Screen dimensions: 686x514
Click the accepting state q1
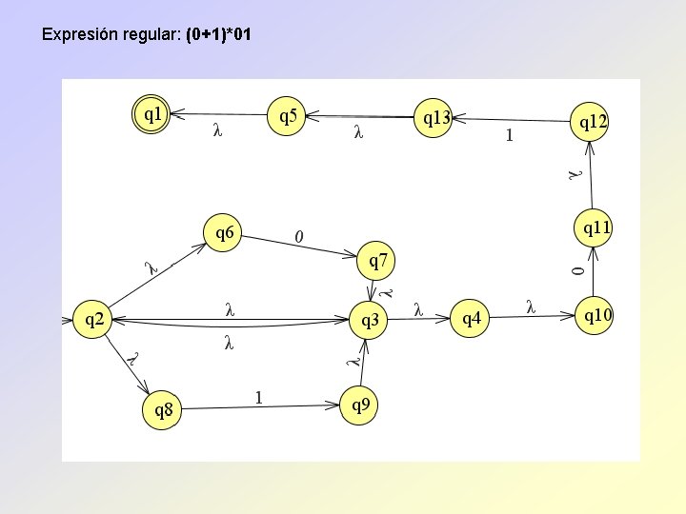tap(151, 115)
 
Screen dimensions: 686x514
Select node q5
tap(287, 116)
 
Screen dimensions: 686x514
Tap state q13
tap(436, 118)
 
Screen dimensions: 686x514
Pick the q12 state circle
tap(588, 121)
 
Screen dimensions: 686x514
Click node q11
tap(595, 227)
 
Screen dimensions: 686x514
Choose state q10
tap(596, 315)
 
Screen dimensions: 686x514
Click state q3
tap(369, 321)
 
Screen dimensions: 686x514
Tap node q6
tap(225, 232)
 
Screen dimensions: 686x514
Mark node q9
tap(360, 405)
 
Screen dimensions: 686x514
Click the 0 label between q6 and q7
tap(299, 235)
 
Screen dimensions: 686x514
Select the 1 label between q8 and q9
tap(258, 398)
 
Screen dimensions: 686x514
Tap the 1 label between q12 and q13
tap(510, 135)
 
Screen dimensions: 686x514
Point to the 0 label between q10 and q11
tap(576, 272)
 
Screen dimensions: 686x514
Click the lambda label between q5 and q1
tap(218, 132)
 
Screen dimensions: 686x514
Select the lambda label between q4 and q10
tap(531, 306)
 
